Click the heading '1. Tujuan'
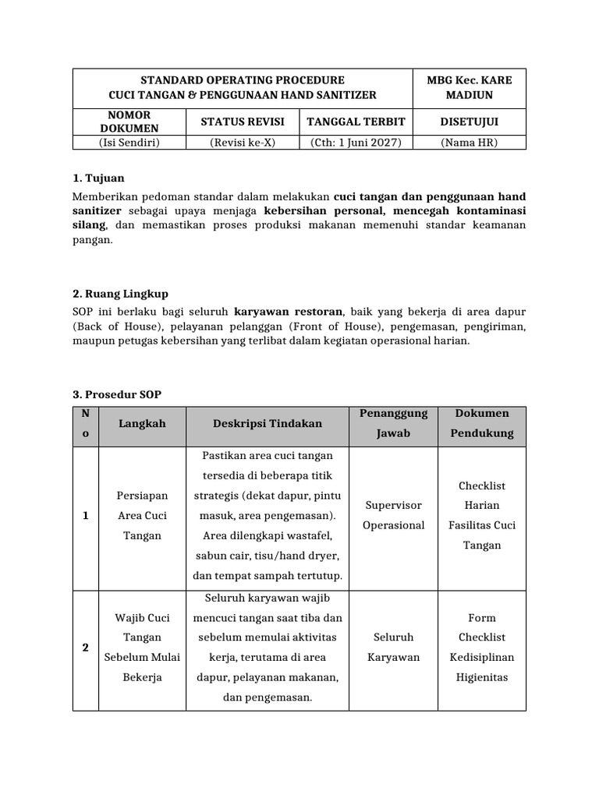(97, 178)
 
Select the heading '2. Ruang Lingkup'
(120, 294)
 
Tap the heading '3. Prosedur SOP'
(117, 394)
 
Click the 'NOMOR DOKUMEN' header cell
(129, 122)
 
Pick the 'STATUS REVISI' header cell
(243, 122)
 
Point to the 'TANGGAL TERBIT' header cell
(355, 122)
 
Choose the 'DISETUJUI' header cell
(469, 122)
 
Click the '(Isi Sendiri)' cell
(129, 142)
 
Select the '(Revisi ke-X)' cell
(243, 142)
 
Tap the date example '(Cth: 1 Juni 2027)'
(355, 142)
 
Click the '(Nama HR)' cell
(469, 142)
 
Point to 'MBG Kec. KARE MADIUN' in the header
(469, 87)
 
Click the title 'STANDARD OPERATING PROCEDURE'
(242, 79)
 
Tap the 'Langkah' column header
(142, 423)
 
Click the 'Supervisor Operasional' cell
(394, 515)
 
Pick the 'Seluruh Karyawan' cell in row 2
(394, 647)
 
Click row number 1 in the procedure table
(85, 515)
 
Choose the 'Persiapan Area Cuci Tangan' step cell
(142, 515)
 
